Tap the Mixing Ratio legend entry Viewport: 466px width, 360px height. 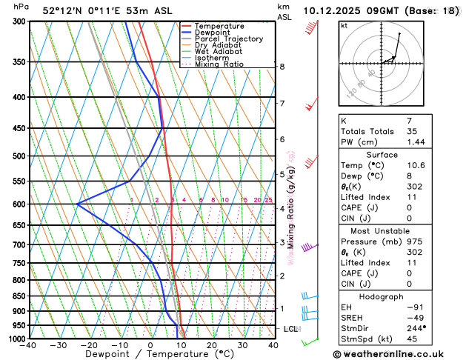(222, 64)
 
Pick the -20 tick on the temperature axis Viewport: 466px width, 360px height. (89, 345)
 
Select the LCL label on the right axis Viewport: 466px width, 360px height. (291, 328)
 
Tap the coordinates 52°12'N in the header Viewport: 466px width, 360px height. (66, 11)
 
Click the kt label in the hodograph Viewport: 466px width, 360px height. (344, 25)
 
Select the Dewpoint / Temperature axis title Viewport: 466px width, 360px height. (150, 354)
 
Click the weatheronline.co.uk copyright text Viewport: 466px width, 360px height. (397, 353)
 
